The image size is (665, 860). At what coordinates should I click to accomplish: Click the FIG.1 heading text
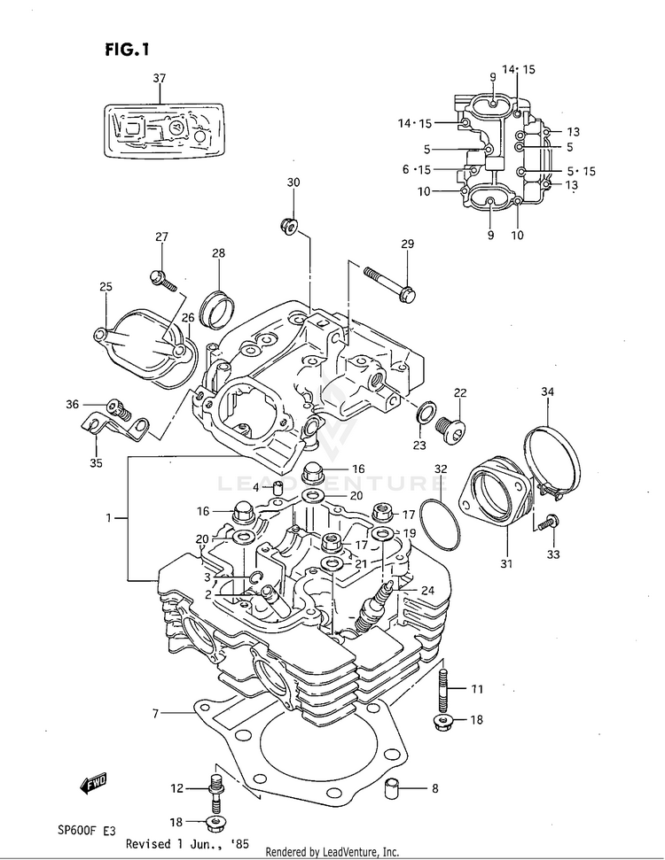127,50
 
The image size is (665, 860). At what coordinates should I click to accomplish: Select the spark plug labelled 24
374,606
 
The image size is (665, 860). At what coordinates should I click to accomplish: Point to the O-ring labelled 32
441,524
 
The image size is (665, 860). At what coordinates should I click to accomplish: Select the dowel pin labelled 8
391,788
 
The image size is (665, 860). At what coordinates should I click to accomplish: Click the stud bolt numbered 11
444,688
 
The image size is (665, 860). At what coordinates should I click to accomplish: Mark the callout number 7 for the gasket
155,714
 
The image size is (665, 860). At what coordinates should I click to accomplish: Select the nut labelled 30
289,225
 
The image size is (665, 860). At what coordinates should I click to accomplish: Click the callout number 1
109,517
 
